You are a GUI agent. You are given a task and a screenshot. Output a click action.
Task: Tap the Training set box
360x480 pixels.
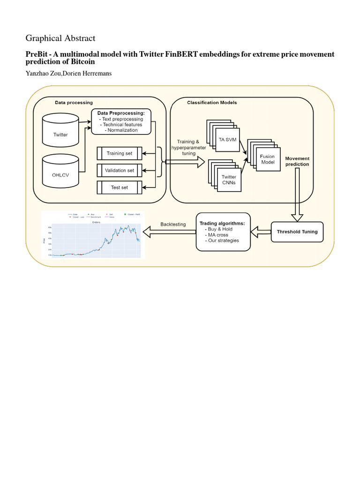[x=119, y=153]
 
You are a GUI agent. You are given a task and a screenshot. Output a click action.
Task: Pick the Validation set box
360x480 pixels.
[x=119, y=170]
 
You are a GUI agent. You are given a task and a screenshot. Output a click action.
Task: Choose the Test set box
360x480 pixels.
[x=119, y=187]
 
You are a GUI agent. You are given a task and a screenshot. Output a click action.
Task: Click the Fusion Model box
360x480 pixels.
[x=267, y=159]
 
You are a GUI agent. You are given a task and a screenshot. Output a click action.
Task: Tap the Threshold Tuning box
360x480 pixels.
[x=297, y=232]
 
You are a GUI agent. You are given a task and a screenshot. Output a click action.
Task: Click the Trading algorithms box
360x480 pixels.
[x=222, y=232]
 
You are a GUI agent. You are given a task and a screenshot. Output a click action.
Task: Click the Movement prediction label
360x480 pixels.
[x=297, y=161]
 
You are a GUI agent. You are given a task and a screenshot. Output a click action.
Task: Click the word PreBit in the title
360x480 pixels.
[x=37, y=54]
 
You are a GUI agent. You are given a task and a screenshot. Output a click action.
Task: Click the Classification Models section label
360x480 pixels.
[x=212, y=103]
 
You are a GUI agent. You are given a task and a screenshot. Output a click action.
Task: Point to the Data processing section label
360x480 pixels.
[x=74, y=103]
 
